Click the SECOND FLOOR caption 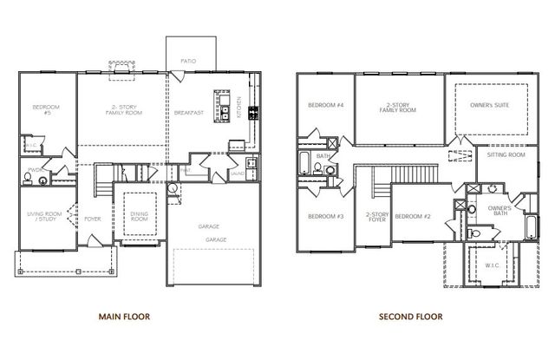coord(410,317)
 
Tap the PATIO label coord(188,62)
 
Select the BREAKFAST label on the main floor coord(188,112)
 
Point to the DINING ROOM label coord(140,216)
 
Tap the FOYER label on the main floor coord(92,219)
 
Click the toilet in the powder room coord(28,179)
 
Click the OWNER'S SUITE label coord(489,105)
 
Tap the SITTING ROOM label coord(506,154)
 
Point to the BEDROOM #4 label coord(325,105)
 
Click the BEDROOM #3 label coord(325,216)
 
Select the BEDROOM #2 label coord(413,216)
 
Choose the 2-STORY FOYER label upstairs coord(377,217)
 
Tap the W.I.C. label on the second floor coord(492,266)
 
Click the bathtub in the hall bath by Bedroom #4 coord(305,163)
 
